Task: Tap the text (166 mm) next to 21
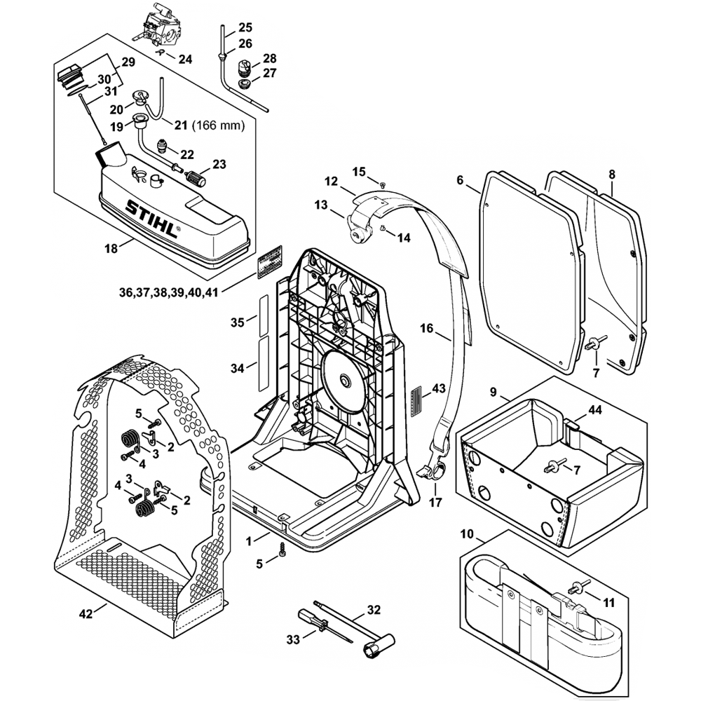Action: pos(220,126)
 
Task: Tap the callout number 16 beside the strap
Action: pos(428,327)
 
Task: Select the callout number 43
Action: pos(439,388)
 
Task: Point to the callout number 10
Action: pos(468,535)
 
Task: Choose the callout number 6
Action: pos(460,180)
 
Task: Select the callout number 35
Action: pos(237,322)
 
